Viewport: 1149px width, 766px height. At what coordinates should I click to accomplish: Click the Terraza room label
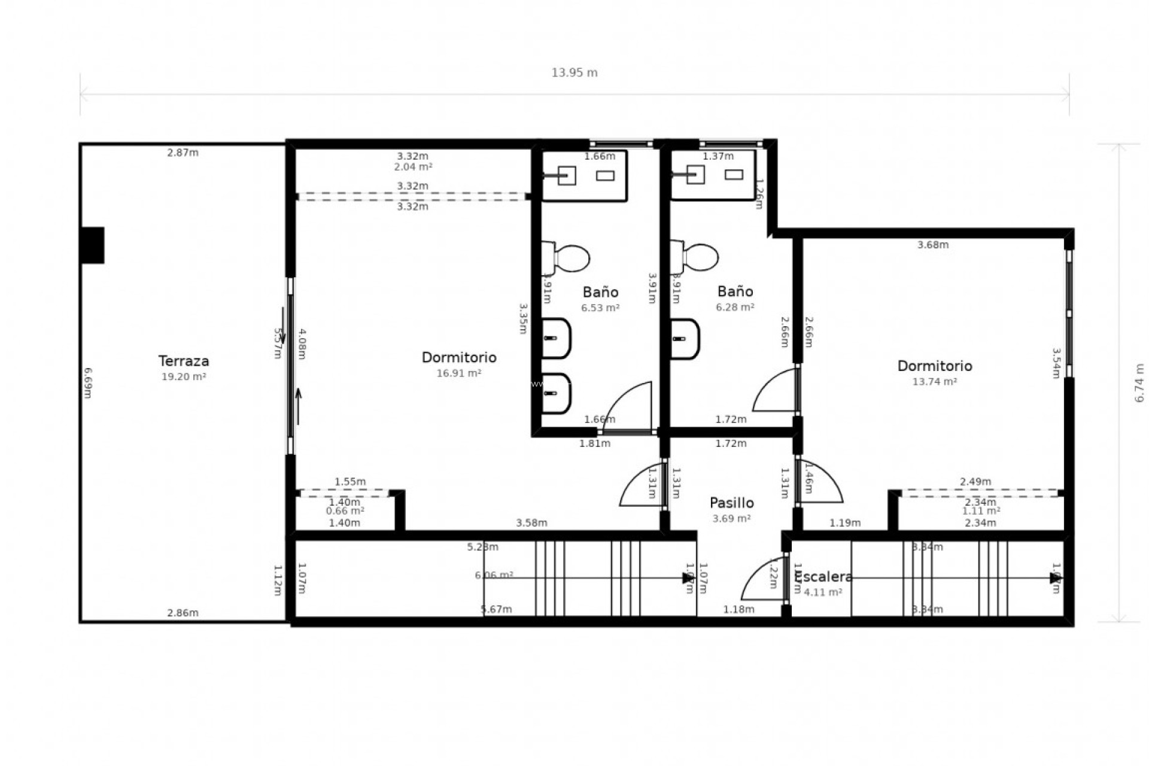(183, 361)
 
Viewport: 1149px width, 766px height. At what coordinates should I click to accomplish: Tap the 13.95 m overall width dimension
(574, 73)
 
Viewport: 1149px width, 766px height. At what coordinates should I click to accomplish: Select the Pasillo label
(731, 503)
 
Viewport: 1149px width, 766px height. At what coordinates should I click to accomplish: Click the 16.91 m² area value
(458, 373)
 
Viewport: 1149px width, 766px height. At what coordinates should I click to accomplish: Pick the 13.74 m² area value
(934, 381)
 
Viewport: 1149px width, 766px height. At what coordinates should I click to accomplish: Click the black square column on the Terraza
(93, 245)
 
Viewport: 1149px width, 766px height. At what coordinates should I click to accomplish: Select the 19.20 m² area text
(183, 376)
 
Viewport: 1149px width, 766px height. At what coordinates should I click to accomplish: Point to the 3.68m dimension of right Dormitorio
(932, 245)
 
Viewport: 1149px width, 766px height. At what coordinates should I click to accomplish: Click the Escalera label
(823, 577)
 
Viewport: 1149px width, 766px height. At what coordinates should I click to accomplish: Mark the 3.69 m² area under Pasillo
(731, 518)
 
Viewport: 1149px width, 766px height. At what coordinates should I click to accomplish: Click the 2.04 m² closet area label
(413, 167)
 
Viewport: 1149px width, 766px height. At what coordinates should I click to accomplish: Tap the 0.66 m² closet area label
(345, 511)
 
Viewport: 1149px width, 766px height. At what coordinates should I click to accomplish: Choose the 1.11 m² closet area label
(981, 511)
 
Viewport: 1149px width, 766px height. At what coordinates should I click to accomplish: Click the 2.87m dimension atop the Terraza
(183, 153)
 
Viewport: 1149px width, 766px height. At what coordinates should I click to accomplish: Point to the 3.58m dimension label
(531, 523)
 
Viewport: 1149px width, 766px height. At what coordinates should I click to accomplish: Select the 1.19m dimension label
(844, 523)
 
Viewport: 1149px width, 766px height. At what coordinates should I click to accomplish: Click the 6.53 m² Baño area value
(600, 308)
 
